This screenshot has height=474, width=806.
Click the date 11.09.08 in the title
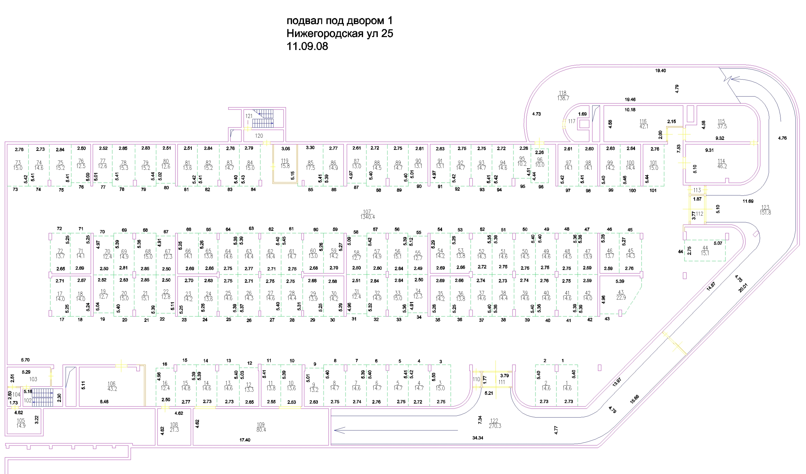pyautogui.click(x=307, y=46)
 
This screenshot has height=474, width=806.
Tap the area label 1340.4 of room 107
pyautogui.click(x=367, y=217)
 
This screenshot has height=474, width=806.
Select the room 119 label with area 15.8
pyautogui.click(x=285, y=164)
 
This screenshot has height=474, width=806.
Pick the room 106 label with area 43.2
pyautogui.click(x=112, y=386)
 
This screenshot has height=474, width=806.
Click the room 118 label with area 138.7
pyautogui.click(x=563, y=96)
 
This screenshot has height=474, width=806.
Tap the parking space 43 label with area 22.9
pyautogui.click(x=621, y=295)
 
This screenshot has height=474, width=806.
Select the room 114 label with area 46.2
pyautogui.click(x=722, y=164)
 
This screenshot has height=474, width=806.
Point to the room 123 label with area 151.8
pyautogui.click(x=765, y=210)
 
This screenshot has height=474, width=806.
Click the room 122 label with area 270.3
pyautogui.click(x=494, y=424)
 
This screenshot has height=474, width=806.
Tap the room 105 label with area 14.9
pyautogui.click(x=21, y=423)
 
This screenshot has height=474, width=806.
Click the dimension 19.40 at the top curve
pyautogui.click(x=660, y=71)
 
